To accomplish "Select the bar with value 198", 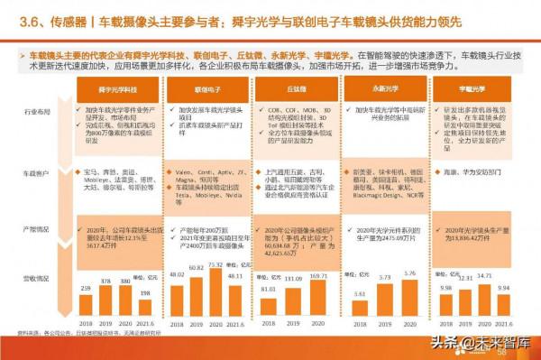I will click(x=145, y=307).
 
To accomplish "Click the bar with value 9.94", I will click(x=505, y=303).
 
